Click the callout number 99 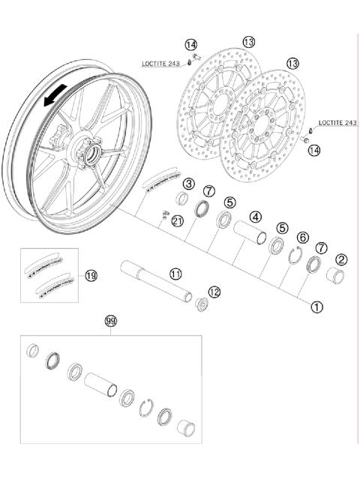(x=111, y=321)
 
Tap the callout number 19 (x=91, y=276)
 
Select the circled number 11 (x=175, y=274)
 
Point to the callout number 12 (x=214, y=292)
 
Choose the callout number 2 (x=341, y=260)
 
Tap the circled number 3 (x=189, y=183)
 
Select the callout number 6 (x=302, y=237)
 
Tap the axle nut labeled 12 (x=201, y=307)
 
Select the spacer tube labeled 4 (x=250, y=233)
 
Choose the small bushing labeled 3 (x=181, y=198)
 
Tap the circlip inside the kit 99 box (x=148, y=408)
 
